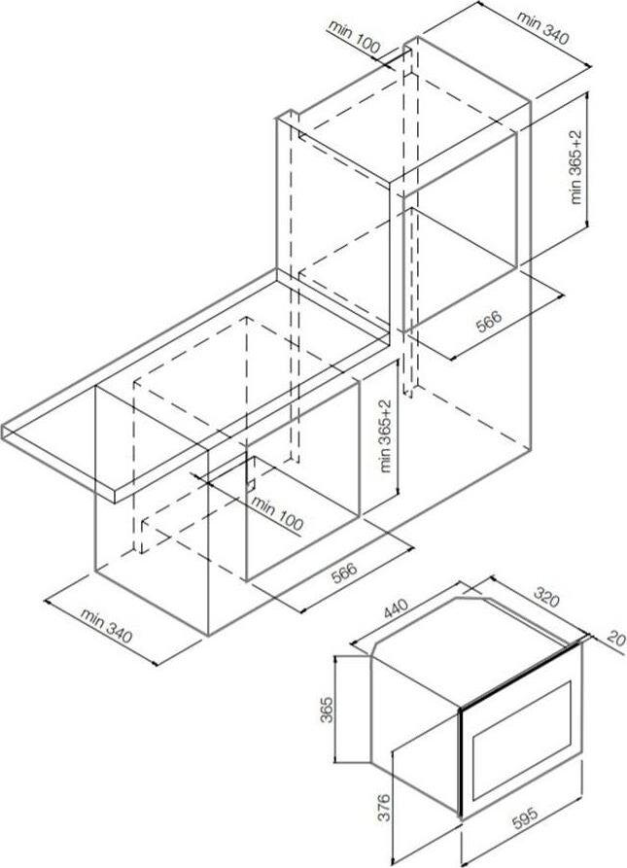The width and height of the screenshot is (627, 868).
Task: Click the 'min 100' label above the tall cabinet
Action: click(x=354, y=38)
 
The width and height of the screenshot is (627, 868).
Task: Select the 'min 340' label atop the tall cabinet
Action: click(x=542, y=27)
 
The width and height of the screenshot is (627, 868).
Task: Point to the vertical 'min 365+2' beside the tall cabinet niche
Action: click(x=576, y=167)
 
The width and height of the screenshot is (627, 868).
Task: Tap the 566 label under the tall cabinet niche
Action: click(x=489, y=321)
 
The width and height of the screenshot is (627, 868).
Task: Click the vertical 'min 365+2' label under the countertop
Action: click(x=386, y=435)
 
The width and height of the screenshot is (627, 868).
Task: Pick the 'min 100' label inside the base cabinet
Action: click(x=277, y=513)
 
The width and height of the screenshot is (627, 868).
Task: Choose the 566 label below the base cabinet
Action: click(x=344, y=573)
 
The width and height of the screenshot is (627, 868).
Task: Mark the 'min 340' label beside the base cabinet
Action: click(x=106, y=626)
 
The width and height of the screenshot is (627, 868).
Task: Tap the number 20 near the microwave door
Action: click(x=616, y=639)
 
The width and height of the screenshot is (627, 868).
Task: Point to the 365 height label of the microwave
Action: click(x=326, y=710)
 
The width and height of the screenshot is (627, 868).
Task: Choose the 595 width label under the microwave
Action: click(x=524, y=818)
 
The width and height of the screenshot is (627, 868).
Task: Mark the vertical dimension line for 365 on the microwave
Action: click(x=337, y=710)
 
